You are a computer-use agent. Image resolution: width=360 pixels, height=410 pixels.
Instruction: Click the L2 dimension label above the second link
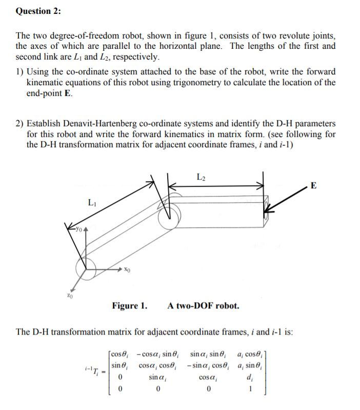pos(201,178)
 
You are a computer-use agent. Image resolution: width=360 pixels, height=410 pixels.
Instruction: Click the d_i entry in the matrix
pos(250,377)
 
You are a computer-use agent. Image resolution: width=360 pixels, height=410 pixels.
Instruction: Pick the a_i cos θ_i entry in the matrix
pos(250,354)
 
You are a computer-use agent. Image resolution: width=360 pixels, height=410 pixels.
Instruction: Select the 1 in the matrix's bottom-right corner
pos(249,388)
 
